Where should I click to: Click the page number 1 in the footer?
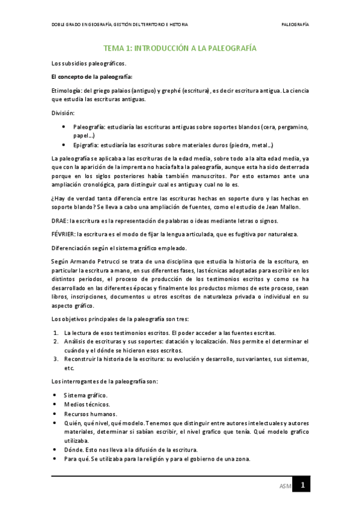point(304,485)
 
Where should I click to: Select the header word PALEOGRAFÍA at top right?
point(295,25)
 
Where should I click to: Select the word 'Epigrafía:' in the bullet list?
point(87,146)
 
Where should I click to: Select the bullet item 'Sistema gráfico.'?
point(86,395)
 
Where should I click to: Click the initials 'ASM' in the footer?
point(285,485)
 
